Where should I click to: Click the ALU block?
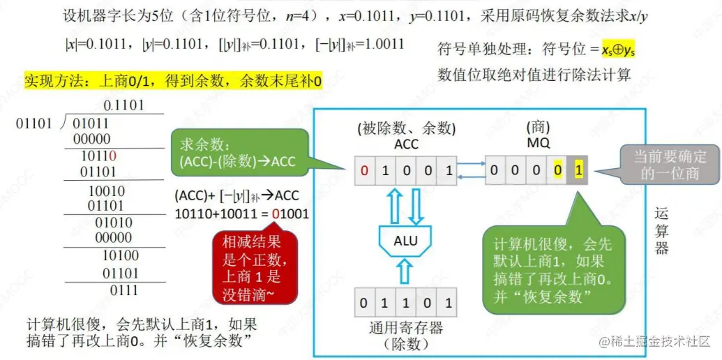(x=405, y=241)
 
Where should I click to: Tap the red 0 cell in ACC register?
(x=364, y=170)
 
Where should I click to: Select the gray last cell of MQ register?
(x=578, y=170)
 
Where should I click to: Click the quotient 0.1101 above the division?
(x=123, y=106)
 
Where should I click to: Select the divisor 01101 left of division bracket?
(x=33, y=123)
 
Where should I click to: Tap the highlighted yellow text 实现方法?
(x=173, y=81)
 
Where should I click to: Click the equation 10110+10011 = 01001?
(x=241, y=213)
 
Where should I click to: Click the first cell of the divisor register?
(x=364, y=303)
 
